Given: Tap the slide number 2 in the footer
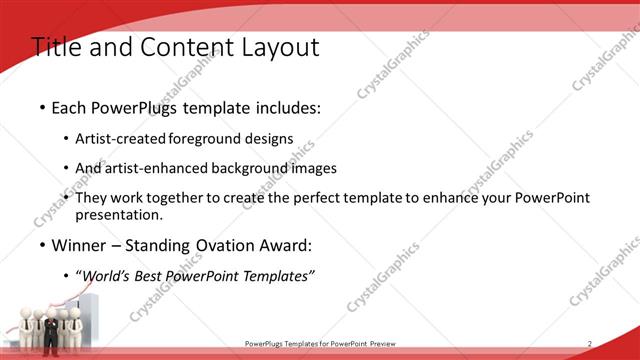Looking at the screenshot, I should click(590, 344).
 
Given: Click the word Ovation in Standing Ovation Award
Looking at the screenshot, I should click(230, 245).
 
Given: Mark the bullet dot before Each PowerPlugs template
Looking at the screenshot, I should click(42, 108).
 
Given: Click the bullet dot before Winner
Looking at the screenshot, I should click(42, 245).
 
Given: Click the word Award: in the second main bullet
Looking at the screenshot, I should click(287, 245).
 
